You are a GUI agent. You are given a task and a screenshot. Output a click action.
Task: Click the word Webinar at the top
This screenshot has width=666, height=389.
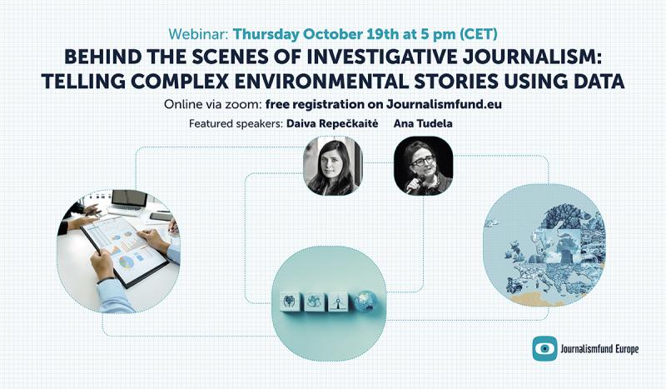198,35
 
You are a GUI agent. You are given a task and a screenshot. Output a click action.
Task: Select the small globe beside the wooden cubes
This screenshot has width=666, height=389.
366,300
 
